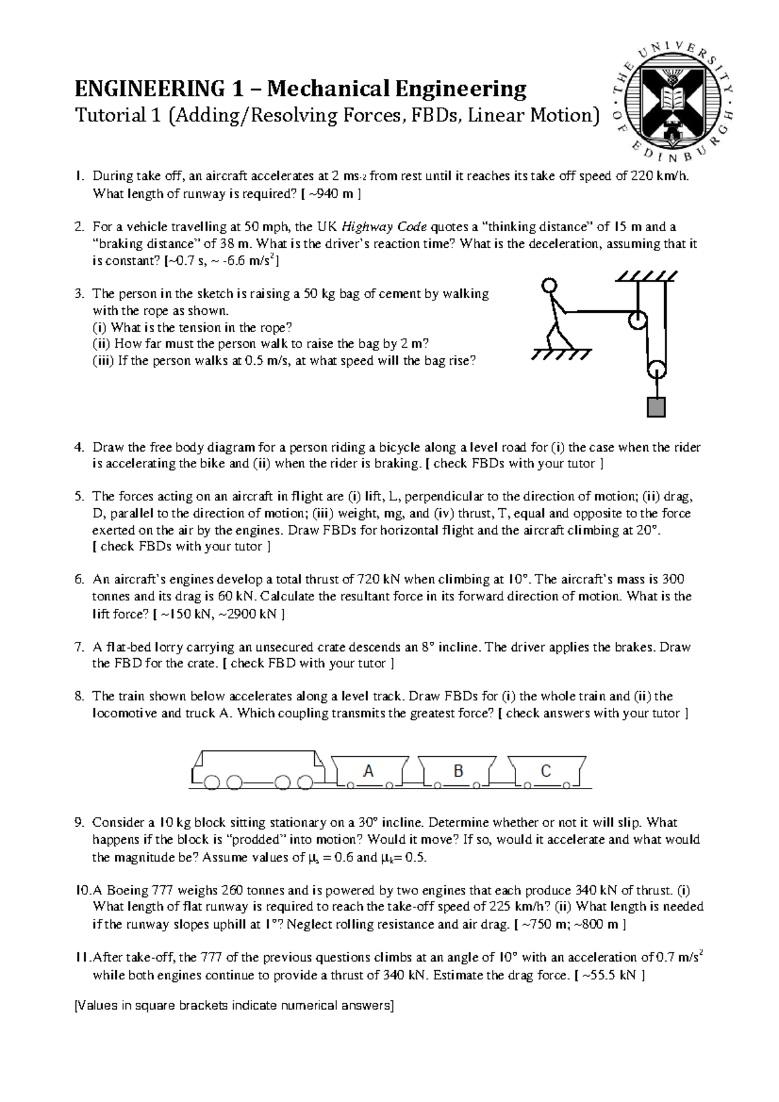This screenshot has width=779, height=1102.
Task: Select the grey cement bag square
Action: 656,407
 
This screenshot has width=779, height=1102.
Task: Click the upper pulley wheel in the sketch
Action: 637,320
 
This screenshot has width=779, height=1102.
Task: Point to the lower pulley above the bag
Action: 656,371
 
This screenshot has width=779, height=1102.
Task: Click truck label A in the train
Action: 368,771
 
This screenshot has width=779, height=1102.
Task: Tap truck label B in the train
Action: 458,771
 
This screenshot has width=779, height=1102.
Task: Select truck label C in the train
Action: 546,771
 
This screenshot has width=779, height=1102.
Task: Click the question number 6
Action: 79,580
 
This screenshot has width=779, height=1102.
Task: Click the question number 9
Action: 79,823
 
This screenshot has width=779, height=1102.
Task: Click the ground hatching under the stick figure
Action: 560,354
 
